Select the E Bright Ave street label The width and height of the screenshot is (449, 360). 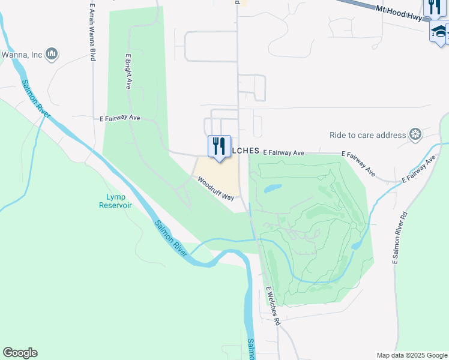128,71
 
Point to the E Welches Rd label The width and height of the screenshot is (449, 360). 273,305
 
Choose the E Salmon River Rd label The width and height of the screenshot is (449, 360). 400,238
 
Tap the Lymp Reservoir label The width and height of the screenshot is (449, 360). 115,201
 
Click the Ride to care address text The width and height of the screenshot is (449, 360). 367,135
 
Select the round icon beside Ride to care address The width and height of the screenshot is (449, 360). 415,134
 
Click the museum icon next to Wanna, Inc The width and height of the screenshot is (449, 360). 52,55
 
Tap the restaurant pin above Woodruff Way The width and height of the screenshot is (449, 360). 219,146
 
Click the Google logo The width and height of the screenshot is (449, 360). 20,353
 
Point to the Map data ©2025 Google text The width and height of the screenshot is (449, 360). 412,355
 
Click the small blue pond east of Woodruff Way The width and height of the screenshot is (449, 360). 272,188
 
